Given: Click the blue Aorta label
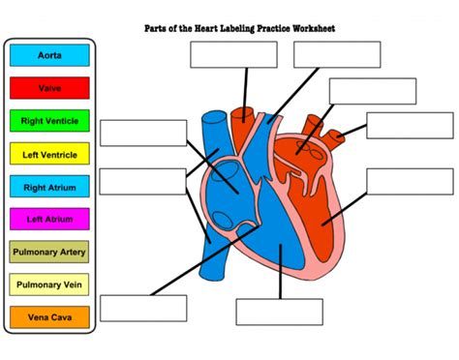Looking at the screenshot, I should point(49,56).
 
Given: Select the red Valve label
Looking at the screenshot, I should point(49,89).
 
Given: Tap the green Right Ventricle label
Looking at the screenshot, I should point(49,121).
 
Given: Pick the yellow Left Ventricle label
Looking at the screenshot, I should point(49,154).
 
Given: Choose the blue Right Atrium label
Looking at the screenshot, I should point(49,187).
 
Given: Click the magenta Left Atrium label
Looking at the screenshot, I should point(49,219).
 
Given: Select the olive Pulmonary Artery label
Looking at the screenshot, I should point(49,252).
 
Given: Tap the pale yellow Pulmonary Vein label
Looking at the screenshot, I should point(49,285).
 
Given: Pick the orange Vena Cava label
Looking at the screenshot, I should point(49,316).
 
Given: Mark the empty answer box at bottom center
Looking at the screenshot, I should point(279,312).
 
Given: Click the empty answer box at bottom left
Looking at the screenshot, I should point(143,307).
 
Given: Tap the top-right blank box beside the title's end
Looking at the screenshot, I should point(337,54).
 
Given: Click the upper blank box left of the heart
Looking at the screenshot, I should point(143,133).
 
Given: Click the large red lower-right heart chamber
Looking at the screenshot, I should point(339,208).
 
